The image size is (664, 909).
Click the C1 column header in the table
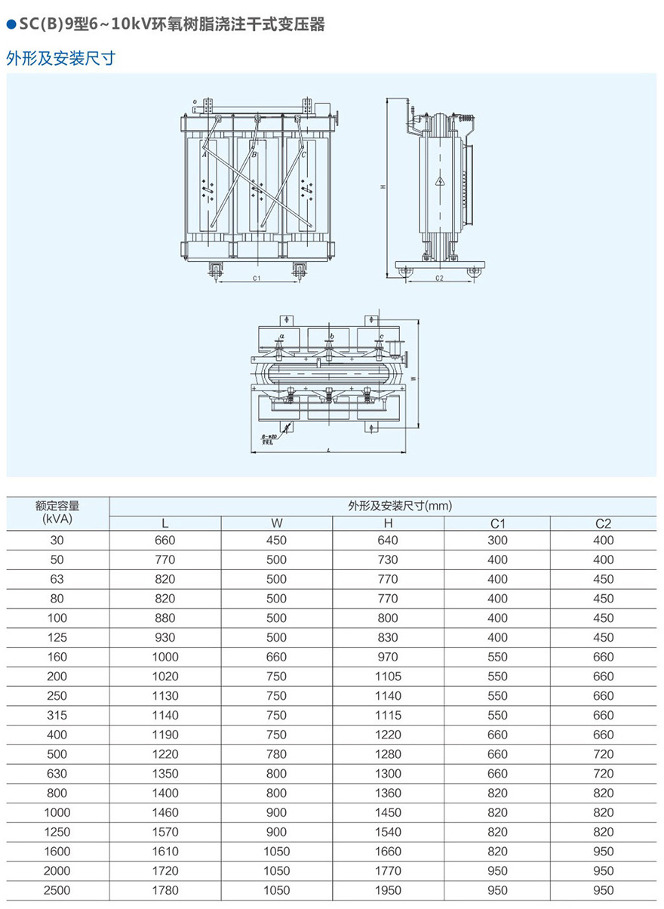point(497,523)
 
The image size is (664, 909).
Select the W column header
point(277,523)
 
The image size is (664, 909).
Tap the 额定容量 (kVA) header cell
point(57,513)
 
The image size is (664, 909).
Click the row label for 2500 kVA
point(57,890)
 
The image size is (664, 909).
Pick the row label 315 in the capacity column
point(57,715)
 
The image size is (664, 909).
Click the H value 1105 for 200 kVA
point(389,676)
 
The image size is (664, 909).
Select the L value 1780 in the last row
point(165,890)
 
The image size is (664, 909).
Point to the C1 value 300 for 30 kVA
point(497,540)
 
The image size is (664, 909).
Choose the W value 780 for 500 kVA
point(277,754)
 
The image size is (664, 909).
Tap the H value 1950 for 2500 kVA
point(389,890)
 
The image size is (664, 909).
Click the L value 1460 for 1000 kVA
point(165,812)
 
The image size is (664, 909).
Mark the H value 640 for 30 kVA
point(389,540)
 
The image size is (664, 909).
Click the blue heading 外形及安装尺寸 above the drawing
point(60,58)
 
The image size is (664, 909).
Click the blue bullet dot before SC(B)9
point(11,25)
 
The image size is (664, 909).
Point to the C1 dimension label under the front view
point(257,279)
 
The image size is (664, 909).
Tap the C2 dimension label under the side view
point(440,279)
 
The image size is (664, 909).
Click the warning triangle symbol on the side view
point(438,181)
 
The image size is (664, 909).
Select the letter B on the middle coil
point(254,155)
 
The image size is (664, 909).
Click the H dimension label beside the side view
point(383,186)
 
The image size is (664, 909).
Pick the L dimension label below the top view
point(330,450)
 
